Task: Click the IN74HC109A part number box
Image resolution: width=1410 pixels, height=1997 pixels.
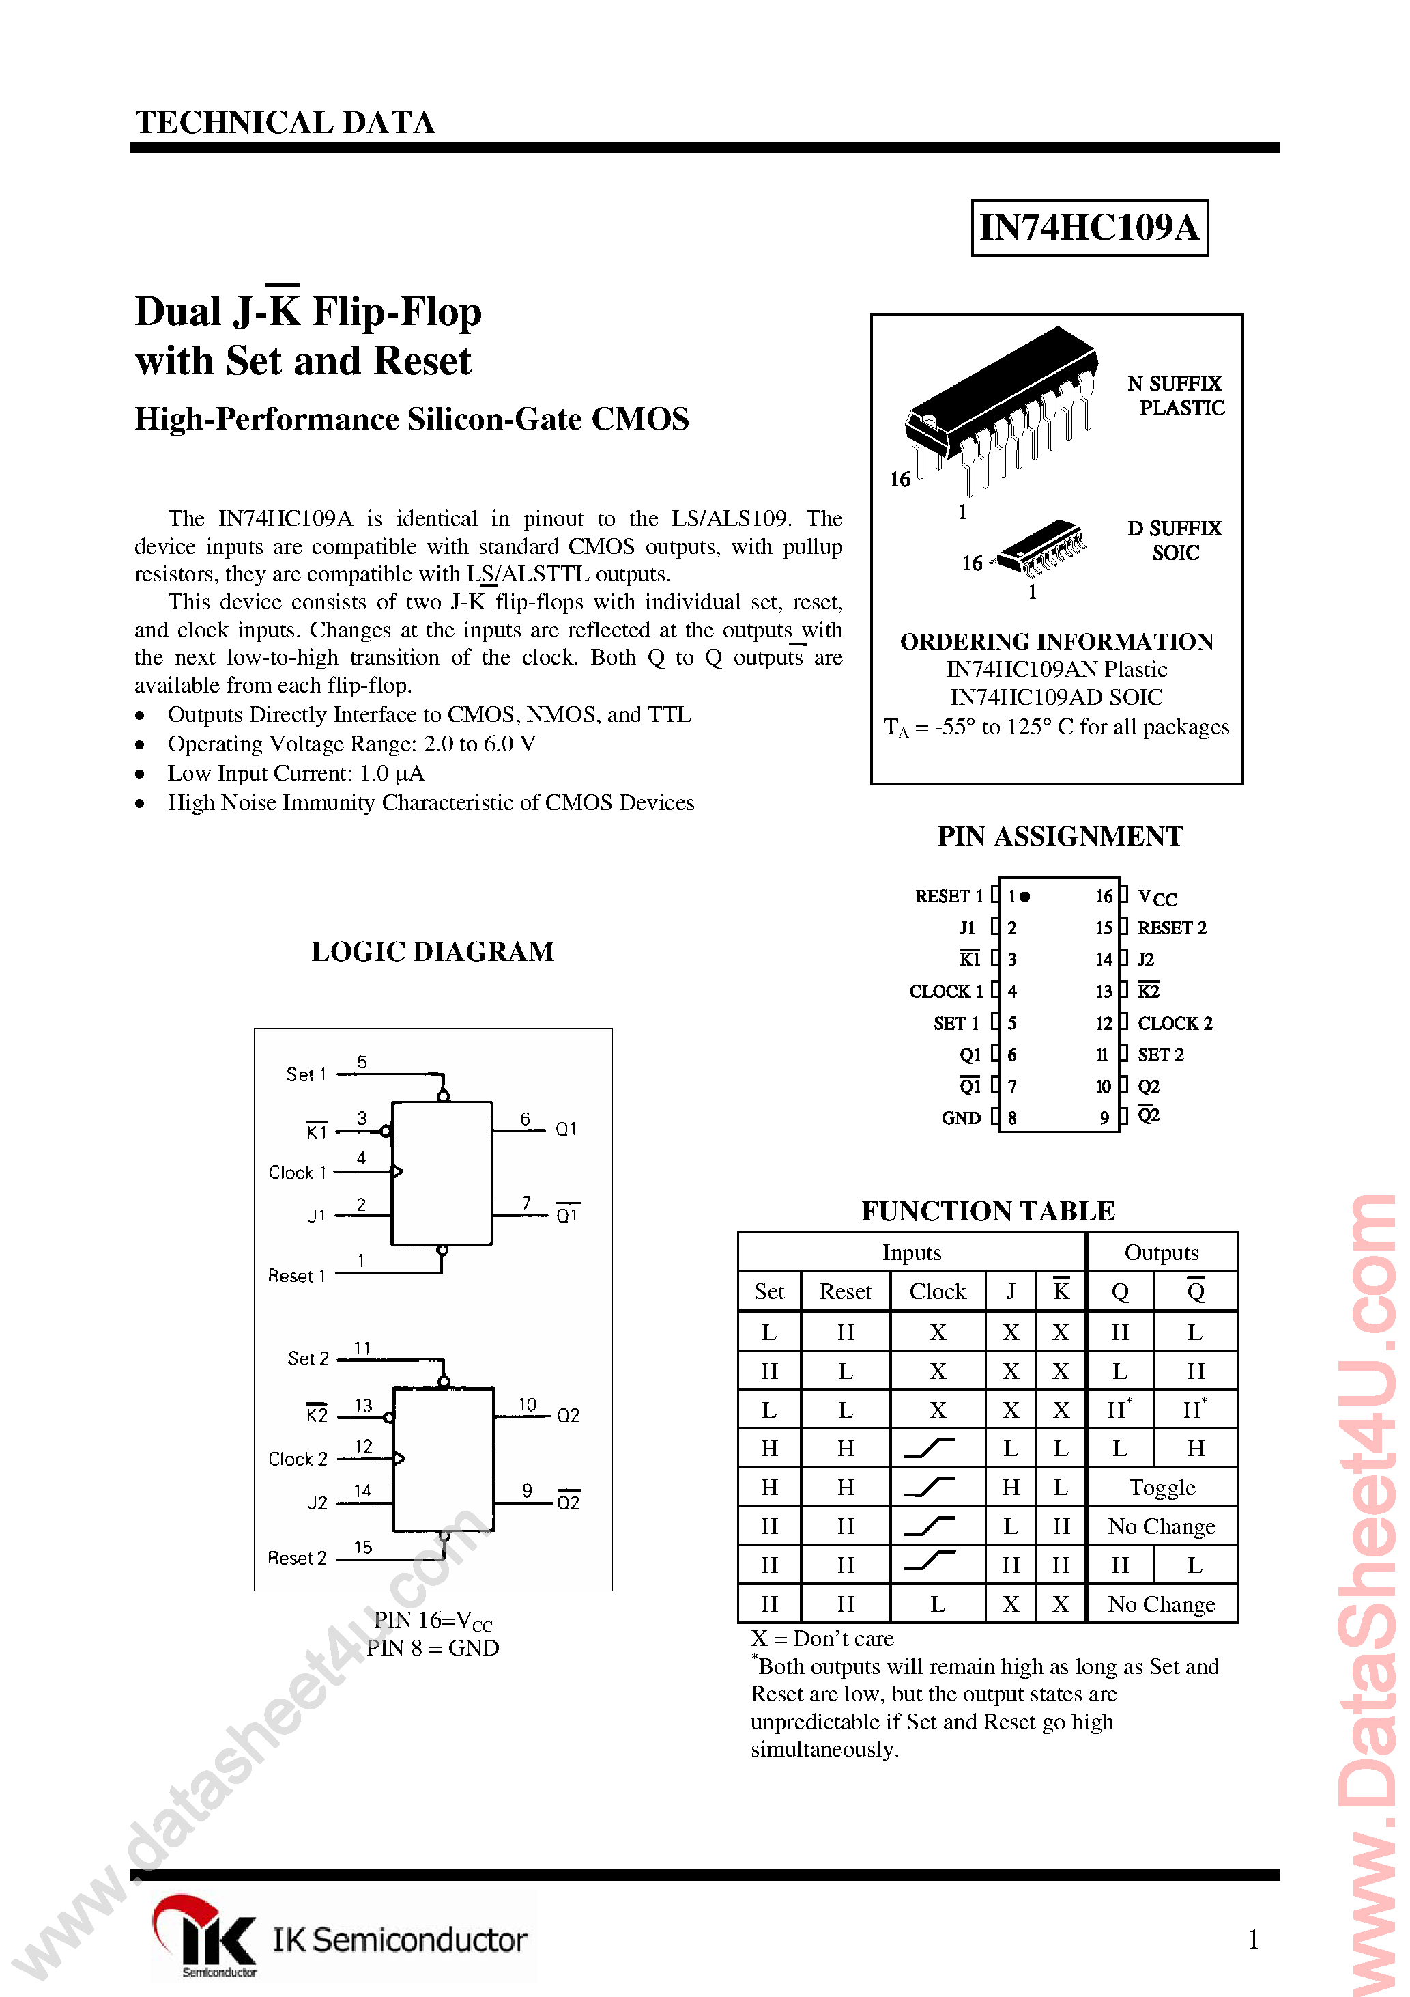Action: tap(1089, 228)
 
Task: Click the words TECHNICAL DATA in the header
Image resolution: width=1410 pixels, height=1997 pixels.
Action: tap(285, 123)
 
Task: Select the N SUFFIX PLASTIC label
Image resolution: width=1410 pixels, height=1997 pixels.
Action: tap(1175, 395)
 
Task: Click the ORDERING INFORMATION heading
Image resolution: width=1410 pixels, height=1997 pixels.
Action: tap(1056, 642)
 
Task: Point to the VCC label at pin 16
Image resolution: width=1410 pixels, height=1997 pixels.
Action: tap(1156, 897)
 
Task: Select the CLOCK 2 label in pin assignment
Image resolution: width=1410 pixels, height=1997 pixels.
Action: tap(1175, 1024)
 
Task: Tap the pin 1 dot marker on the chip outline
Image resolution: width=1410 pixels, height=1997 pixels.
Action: tap(1026, 896)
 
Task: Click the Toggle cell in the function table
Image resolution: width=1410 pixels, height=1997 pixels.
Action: tap(1162, 1488)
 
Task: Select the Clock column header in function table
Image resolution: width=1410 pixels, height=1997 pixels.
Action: tap(937, 1291)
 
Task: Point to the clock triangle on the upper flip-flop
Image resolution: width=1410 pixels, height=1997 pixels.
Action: tap(397, 1171)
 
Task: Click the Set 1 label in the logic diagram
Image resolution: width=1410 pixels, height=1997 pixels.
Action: tap(306, 1075)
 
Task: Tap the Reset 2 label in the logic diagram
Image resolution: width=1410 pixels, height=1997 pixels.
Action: tap(296, 1559)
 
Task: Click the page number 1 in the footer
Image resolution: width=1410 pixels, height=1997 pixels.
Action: tap(1252, 1940)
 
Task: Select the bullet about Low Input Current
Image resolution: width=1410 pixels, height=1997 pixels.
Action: tap(296, 773)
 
